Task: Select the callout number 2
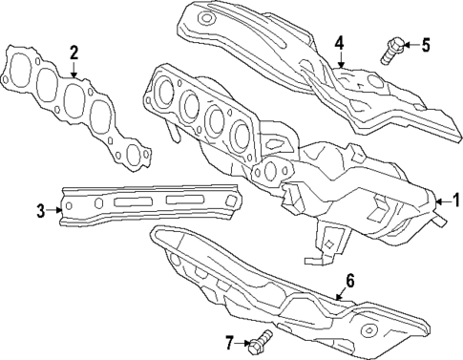[x=74, y=53]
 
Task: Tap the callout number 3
[x=41, y=211]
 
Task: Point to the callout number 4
[x=338, y=43]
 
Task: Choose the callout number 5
[x=426, y=44]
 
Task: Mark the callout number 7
[x=230, y=341]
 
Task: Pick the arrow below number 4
[x=340, y=59]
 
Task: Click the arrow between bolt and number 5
[x=409, y=44]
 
